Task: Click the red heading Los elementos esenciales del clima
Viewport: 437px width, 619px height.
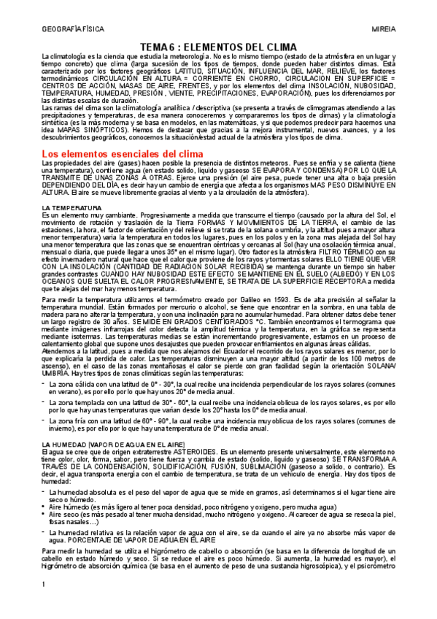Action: coord(112,154)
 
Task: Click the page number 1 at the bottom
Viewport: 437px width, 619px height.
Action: coord(44,605)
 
